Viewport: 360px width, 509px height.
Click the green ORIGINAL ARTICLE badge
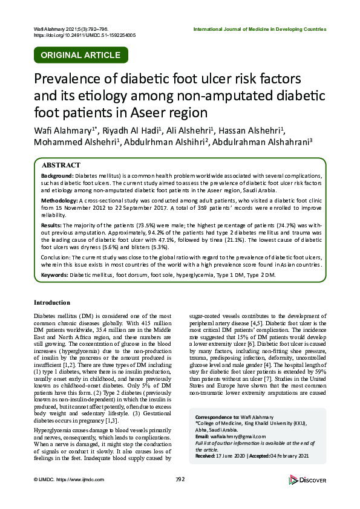point(80,55)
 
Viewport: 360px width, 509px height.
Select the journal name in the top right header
point(260,29)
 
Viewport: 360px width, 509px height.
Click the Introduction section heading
point(52,302)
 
